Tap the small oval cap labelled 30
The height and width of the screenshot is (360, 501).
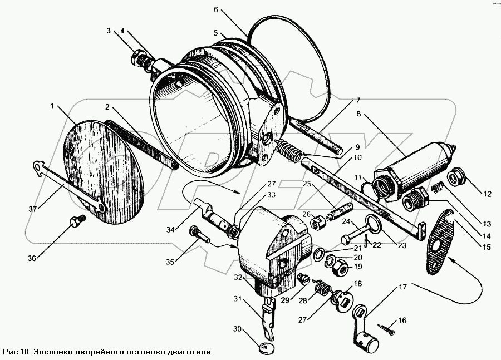click(267, 349)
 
